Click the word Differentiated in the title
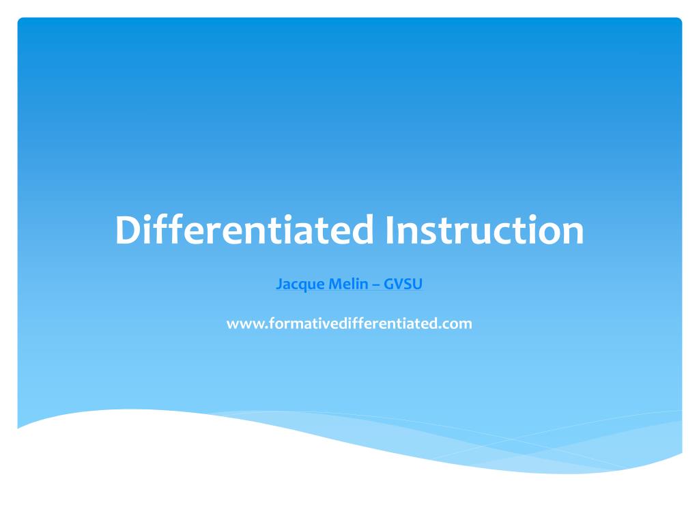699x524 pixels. click(244, 230)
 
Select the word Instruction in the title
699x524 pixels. click(484, 230)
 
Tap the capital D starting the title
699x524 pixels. click(127, 230)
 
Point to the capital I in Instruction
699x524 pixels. click(389, 230)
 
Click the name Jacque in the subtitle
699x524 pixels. click(298, 285)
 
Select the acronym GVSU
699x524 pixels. click(403, 285)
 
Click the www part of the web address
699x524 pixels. click(242, 324)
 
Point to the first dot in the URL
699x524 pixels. click(261, 327)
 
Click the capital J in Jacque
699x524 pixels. click(279, 285)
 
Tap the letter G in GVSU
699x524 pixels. click(388, 285)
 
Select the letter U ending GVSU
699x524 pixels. click(418, 285)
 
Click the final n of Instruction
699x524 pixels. click(572, 233)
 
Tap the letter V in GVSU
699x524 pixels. click(398, 285)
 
